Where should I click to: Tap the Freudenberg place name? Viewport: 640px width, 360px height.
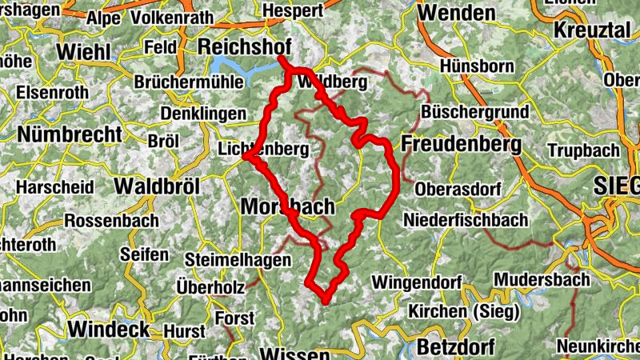pyautogui.click(x=462, y=145)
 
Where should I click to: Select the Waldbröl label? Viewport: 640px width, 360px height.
pyautogui.click(x=157, y=186)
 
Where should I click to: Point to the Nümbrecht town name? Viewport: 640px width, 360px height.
pyautogui.click(x=70, y=134)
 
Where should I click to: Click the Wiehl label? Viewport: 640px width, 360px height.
pyautogui.click(x=83, y=51)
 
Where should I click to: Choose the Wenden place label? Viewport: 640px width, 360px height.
pyautogui.click(x=457, y=13)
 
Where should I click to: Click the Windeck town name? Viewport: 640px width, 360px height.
pyautogui.click(x=109, y=329)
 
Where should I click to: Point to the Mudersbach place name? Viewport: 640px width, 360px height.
pyautogui.click(x=542, y=280)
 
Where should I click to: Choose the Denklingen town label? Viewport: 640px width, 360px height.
pyautogui.click(x=204, y=114)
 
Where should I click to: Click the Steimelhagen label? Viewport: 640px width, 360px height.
pyautogui.click(x=228, y=259)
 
